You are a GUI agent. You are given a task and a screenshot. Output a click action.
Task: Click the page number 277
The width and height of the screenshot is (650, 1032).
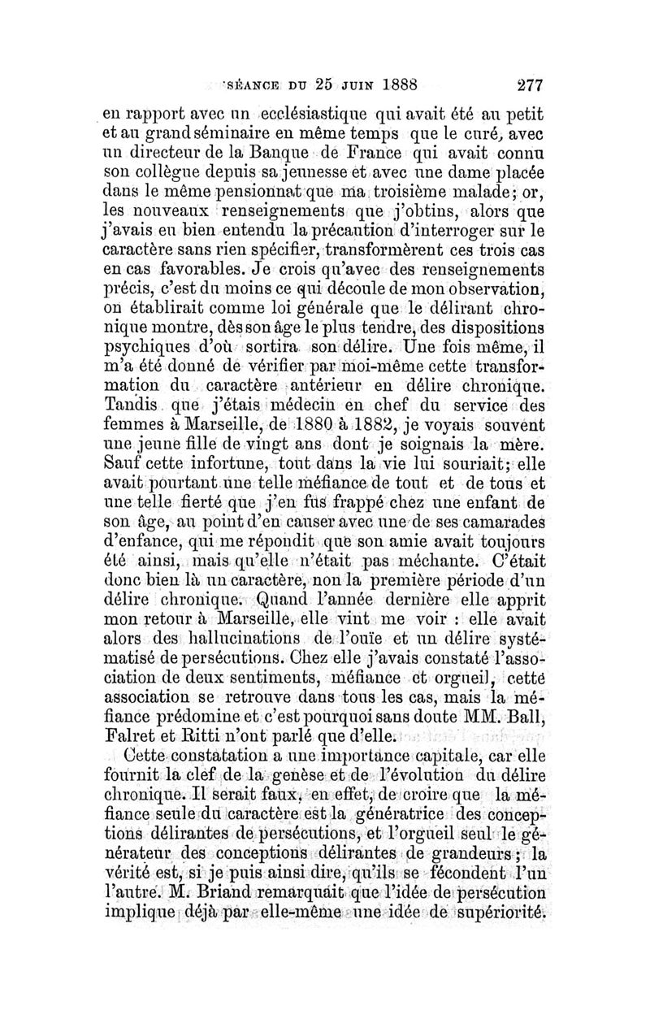(x=526, y=84)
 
